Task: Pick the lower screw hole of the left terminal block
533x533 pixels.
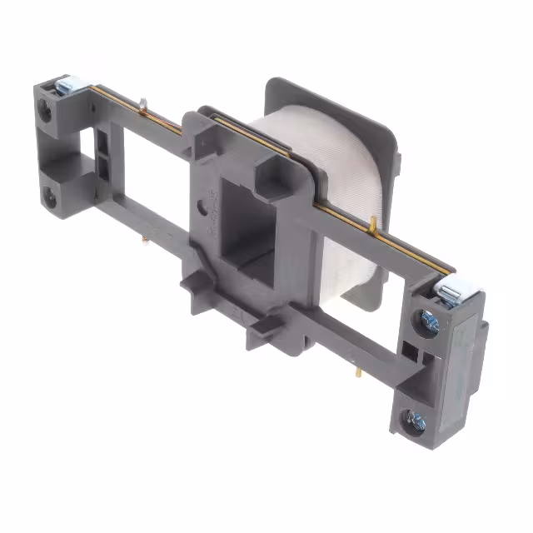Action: coord(51,197)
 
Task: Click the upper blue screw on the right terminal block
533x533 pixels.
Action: coord(430,321)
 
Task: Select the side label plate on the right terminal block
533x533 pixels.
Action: coord(463,366)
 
